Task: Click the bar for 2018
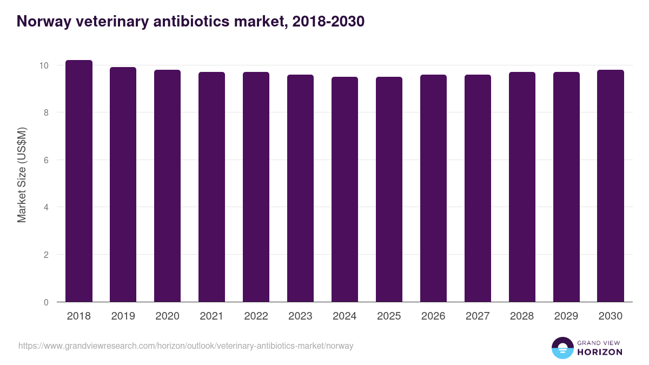(x=79, y=181)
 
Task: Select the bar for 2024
(x=345, y=189)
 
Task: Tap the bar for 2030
(x=611, y=186)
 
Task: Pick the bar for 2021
(x=211, y=187)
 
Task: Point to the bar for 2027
(x=478, y=188)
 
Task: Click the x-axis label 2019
(x=123, y=316)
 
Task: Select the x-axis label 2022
(x=256, y=316)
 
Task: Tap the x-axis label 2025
(x=389, y=316)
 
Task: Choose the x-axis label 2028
(x=522, y=316)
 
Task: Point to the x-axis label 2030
(x=611, y=316)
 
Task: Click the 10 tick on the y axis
(x=44, y=65)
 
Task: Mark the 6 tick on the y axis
(x=47, y=160)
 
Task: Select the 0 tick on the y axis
(x=47, y=302)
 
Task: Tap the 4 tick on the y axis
(x=47, y=207)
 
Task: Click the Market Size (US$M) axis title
(x=22, y=175)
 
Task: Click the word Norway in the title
(x=44, y=22)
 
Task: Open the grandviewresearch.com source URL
(x=186, y=346)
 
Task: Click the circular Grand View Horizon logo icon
(x=562, y=348)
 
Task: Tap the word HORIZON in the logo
(x=600, y=352)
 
